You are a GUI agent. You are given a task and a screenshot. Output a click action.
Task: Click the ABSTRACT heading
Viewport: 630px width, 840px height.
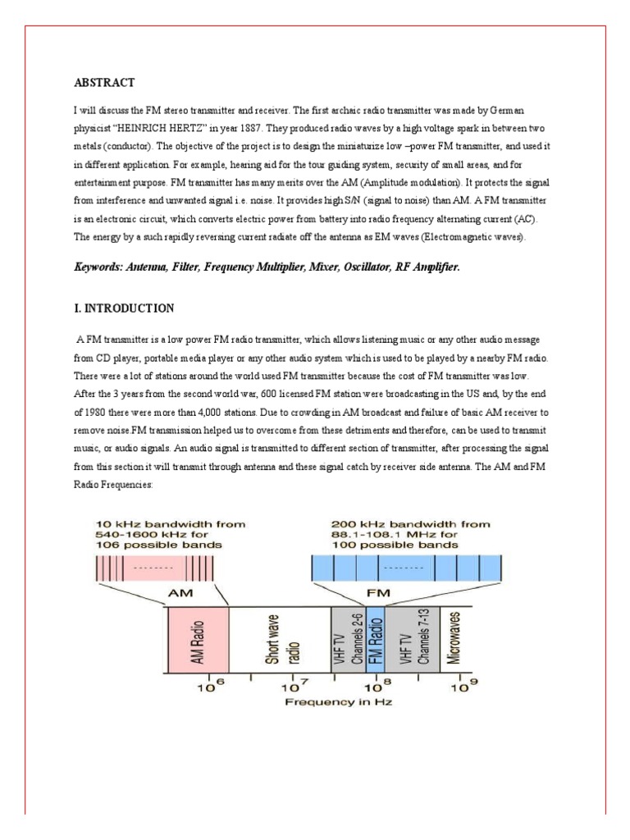click(104, 82)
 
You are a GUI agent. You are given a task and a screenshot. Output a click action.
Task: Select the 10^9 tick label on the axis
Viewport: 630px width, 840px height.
click(463, 685)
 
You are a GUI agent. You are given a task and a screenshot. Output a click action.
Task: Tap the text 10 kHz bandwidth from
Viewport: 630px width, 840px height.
click(170, 523)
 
